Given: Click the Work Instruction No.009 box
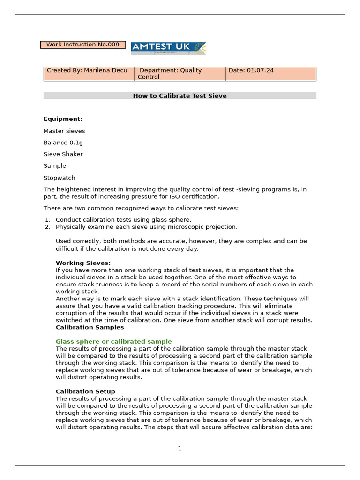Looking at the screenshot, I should (x=83, y=45).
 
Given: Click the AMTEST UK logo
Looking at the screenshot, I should (x=168, y=48).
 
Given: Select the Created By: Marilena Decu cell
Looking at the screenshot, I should (x=89, y=74).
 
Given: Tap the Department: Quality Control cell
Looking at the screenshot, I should (x=180, y=74).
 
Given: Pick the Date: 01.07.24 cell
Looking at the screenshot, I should (x=270, y=74).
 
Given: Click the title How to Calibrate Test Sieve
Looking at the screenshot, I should (x=180, y=96).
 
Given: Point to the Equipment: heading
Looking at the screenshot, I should (x=63, y=119).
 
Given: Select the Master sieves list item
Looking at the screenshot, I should (x=64, y=131).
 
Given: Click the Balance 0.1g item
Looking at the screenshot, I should (x=63, y=142).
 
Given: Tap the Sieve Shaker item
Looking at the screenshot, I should (x=63, y=154).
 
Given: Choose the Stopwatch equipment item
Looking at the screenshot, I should (x=59, y=178).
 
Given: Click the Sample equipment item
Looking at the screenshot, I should (x=55, y=166).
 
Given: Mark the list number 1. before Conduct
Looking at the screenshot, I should (x=47, y=220).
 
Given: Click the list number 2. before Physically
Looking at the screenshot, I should (x=47, y=227).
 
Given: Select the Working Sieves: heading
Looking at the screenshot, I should (x=83, y=263).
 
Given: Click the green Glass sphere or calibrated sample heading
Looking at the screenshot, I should (x=113, y=342).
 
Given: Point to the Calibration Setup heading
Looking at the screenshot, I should (x=85, y=391).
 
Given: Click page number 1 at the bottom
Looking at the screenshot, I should (x=180, y=449).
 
